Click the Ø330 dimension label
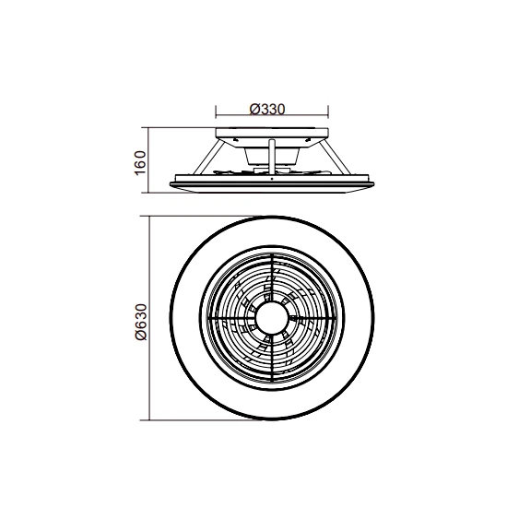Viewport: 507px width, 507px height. click(267, 109)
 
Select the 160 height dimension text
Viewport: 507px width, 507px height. click(140, 163)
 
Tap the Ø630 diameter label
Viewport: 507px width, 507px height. click(141, 322)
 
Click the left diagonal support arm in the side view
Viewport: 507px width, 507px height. click(208, 157)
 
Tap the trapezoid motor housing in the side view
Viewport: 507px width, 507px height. click(272, 156)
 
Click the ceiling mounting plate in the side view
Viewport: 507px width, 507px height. click(272, 133)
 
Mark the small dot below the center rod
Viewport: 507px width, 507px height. click(272, 179)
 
